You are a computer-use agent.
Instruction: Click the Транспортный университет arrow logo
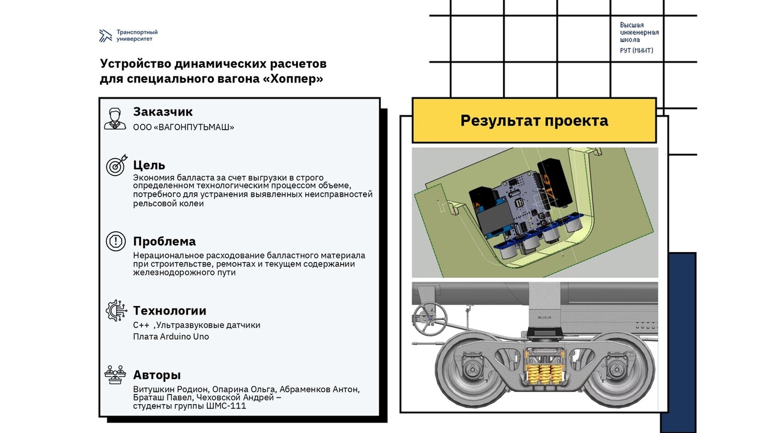coord(105,35)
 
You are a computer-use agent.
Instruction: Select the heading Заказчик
coord(163,112)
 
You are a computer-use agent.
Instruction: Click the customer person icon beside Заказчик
coord(115,118)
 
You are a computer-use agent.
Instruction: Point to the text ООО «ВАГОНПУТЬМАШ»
coord(183,127)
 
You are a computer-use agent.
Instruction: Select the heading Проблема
coord(165,242)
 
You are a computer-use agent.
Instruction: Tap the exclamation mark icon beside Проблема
coord(116,241)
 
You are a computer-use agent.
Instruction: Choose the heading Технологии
coord(169,311)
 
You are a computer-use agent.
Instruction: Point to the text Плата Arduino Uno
coord(171,336)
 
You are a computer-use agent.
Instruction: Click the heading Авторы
coord(157,375)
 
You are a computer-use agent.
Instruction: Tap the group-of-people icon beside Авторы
coord(115,375)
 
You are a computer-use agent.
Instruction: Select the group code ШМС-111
coord(226,406)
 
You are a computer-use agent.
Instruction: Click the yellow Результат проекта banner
coord(534,120)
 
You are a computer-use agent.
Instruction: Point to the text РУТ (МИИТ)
coord(636,51)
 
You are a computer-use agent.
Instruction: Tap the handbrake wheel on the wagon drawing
coord(430,319)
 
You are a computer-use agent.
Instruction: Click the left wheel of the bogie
coord(472,370)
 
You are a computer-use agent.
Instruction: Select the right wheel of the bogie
coord(617,370)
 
